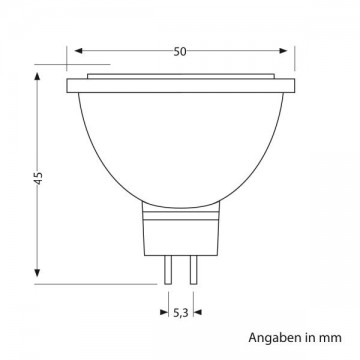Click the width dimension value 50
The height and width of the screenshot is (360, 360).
tap(180, 52)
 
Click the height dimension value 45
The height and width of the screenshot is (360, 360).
tap(39, 178)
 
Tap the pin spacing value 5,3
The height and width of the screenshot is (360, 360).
tap(181, 313)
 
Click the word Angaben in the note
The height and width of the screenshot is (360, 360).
tap(274, 338)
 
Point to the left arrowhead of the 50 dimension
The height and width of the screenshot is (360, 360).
tap(78, 51)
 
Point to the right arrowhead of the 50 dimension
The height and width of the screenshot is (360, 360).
tap(283, 51)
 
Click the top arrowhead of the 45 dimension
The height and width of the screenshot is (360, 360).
tap(37, 76)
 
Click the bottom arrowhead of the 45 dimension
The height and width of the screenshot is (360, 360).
tap(37, 273)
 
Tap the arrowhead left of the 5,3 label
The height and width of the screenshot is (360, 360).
tap(164, 312)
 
